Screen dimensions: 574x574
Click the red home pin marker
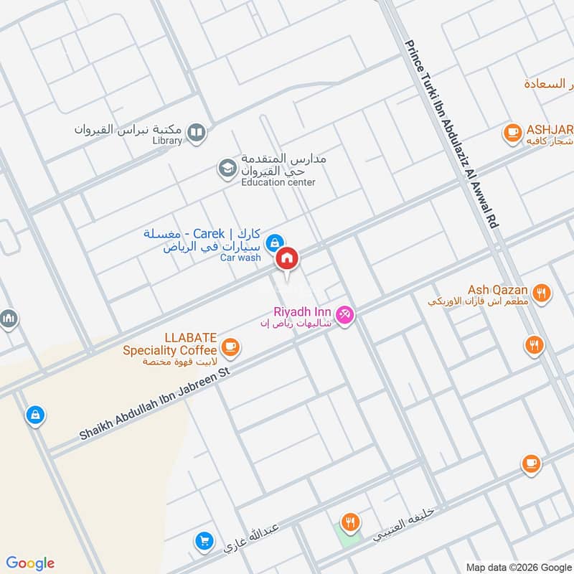tap(287, 258)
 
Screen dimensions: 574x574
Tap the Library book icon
tap(196, 132)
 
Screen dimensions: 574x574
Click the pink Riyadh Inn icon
tap(345, 315)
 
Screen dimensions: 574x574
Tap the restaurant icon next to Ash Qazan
tap(542, 293)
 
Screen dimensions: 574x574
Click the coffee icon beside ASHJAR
tap(512, 132)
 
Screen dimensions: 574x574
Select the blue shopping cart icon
tap(204, 541)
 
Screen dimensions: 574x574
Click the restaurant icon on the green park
tap(350, 523)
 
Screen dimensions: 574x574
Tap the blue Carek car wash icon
tap(273, 243)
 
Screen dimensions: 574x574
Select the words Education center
tap(278, 183)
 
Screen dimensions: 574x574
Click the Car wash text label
tap(240, 258)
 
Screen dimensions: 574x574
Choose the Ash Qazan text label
tap(498, 290)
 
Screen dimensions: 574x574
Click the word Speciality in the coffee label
tap(169, 350)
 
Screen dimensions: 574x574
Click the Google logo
tap(30, 563)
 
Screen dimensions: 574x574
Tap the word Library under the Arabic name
tap(167, 141)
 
